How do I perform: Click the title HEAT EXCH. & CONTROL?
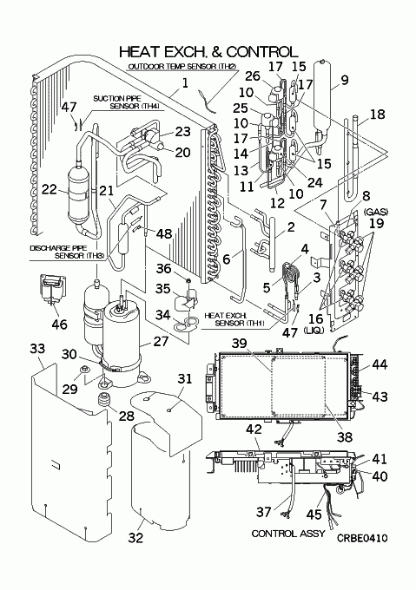coord(208,51)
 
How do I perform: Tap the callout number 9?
coord(345,80)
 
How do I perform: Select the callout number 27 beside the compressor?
coord(162,341)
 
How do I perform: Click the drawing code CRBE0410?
coord(362,538)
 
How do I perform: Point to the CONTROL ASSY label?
coord(287,534)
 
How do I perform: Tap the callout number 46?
coord(59,324)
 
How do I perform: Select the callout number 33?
coord(37,349)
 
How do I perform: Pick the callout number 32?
coord(135,537)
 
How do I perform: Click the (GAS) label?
coord(376,213)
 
